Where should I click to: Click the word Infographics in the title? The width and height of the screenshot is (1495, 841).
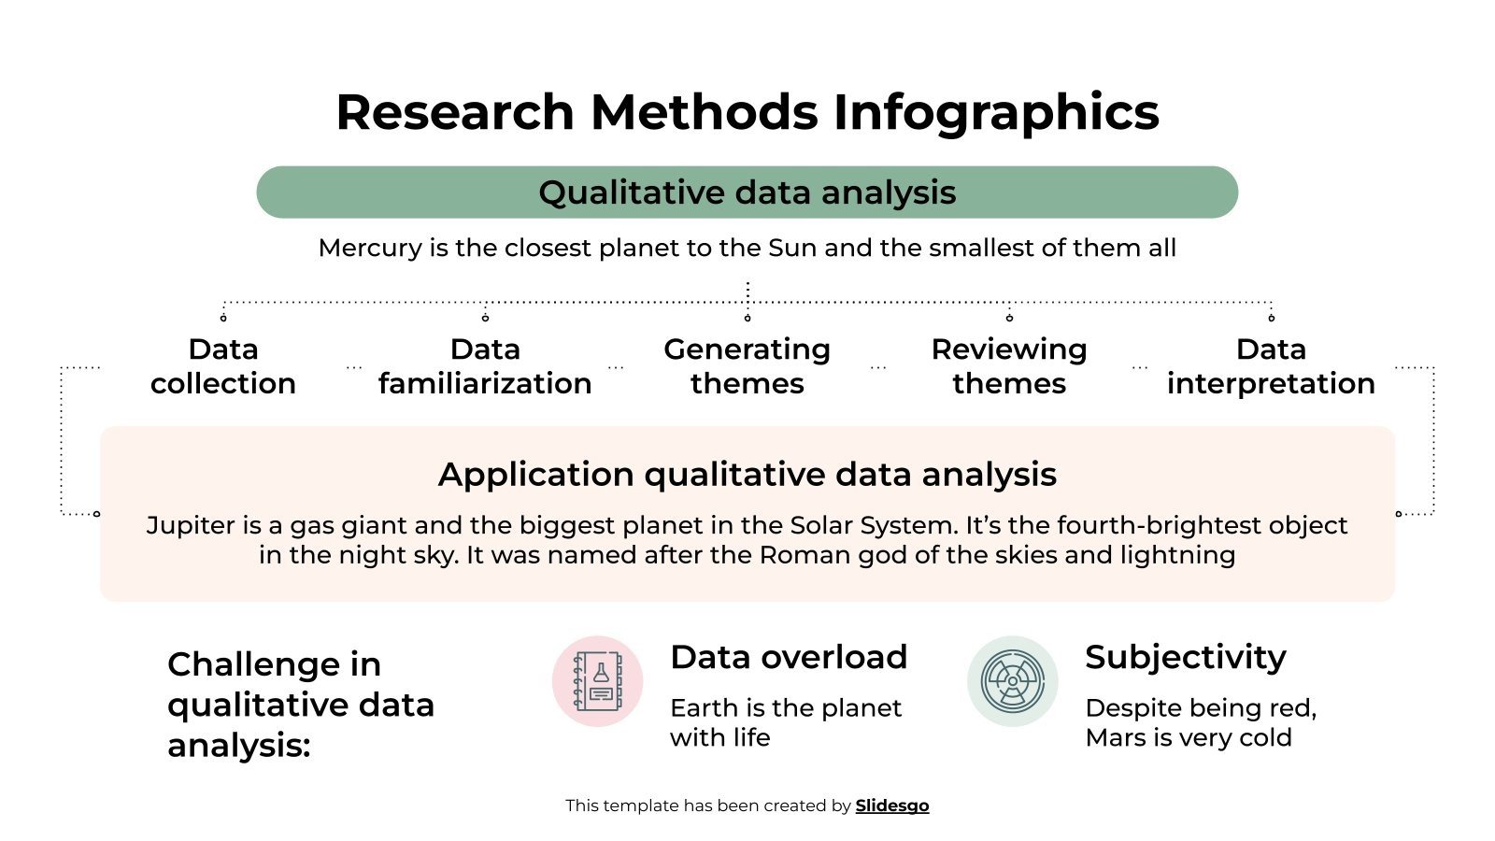point(995,113)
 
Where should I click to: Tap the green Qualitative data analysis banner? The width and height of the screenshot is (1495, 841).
point(747,192)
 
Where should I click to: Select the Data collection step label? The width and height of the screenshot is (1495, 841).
point(223,366)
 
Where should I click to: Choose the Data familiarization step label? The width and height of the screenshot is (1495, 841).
point(485,366)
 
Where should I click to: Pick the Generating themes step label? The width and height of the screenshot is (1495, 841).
point(747,366)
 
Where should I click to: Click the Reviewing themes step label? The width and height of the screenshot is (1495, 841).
point(1009,366)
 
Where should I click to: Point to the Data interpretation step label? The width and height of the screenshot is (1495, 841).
point(1271,366)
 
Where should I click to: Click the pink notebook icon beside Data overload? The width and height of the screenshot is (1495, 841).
point(598,681)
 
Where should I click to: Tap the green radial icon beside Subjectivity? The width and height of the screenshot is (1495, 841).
point(1012,681)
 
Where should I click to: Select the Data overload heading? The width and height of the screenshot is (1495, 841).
point(789,657)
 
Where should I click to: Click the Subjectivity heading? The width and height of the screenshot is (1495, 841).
point(1185,657)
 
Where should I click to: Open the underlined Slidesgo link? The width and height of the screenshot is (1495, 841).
point(892,805)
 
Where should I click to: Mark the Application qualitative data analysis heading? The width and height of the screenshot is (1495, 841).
point(747,475)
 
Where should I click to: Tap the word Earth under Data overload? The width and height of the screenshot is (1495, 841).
point(705,708)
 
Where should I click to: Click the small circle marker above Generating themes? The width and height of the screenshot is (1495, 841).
point(747,319)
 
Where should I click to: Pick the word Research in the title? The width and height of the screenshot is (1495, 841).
point(455,113)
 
